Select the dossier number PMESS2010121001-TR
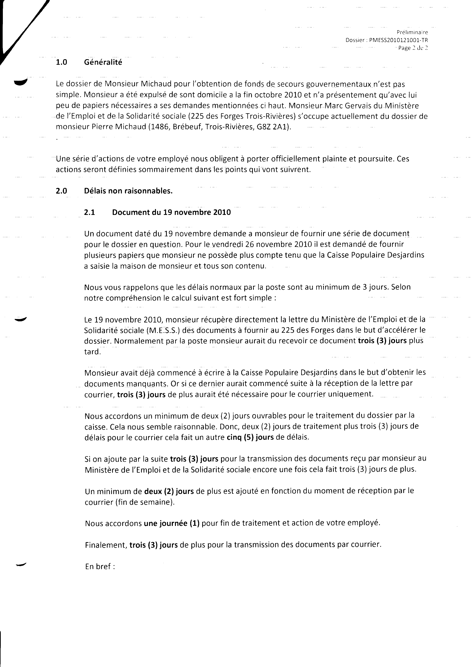click(398, 40)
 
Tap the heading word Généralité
click(103, 62)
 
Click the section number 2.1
click(89, 212)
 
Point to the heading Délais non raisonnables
click(128, 191)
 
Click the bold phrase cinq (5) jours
click(250, 437)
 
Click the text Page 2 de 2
click(413, 48)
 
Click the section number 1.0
click(61, 62)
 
